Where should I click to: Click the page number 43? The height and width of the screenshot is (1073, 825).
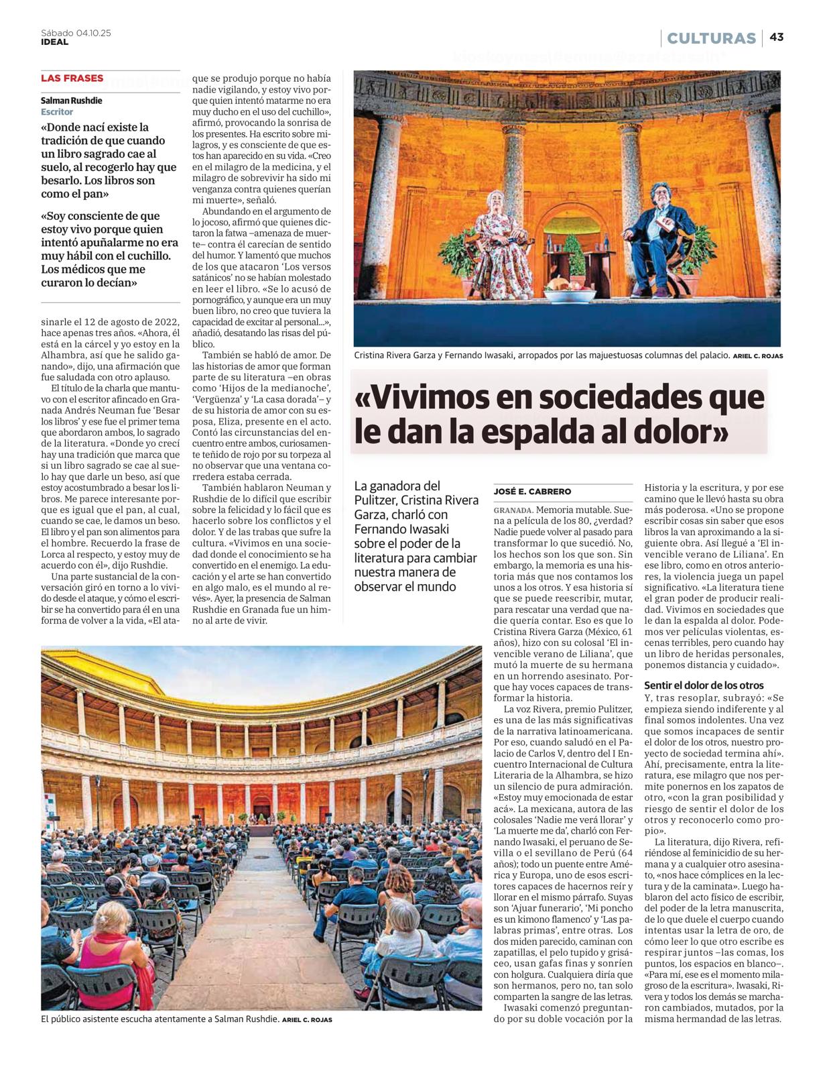(x=776, y=38)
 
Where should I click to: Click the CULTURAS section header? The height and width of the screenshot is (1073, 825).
(x=711, y=38)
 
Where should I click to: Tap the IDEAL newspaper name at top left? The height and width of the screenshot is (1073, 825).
(x=54, y=42)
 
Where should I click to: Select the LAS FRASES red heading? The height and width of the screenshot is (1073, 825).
(x=72, y=78)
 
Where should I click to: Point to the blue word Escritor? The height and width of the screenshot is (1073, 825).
(x=57, y=112)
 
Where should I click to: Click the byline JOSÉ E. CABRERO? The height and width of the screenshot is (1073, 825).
(x=532, y=492)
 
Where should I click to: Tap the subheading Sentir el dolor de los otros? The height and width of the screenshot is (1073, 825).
(x=704, y=685)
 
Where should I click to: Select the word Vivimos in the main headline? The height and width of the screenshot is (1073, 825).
(x=428, y=397)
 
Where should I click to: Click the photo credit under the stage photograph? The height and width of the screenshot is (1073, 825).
(x=757, y=356)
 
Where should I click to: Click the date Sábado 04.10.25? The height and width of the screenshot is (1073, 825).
(x=76, y=32)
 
